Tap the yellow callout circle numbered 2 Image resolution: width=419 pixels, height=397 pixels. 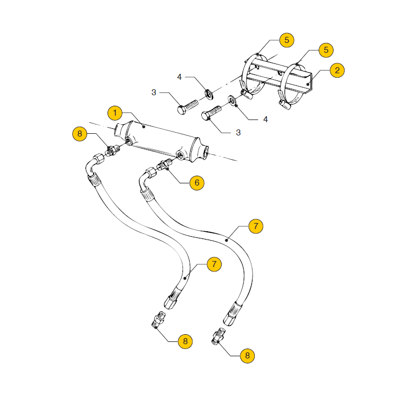(x=337, y=70)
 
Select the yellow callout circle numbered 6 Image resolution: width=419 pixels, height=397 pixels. (x=197, y=183)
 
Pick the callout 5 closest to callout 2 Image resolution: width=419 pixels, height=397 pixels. (x=326, y=50)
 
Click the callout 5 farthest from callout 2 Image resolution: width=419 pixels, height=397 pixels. (x=286, y=40)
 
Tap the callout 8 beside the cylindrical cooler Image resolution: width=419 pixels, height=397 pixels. (x=80, y=134)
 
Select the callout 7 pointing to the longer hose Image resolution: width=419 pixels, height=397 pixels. (x=255, y=226)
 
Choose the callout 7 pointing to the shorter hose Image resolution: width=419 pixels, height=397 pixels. (x=214, y=264)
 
